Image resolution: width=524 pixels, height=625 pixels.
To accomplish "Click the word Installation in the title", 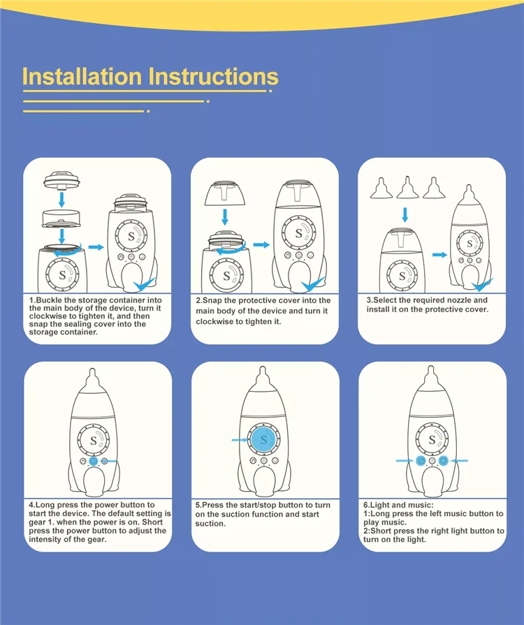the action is [x=82, y=76].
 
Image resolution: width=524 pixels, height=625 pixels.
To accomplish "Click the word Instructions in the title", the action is [x=214, y=76].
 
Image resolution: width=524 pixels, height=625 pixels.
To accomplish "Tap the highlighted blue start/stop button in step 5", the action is [x=263, y=440].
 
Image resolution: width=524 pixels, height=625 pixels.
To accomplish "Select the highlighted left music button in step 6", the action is [x=421, y=461].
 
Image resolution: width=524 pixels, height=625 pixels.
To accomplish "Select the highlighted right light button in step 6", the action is [x=443, y=461].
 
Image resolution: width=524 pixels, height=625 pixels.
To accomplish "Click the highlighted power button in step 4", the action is [x=94, y=461].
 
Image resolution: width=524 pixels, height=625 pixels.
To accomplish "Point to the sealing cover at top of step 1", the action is [x=61, y=180].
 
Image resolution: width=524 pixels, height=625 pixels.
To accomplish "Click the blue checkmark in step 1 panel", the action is [x=145, y=285].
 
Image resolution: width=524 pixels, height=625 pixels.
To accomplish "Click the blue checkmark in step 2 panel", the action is [x=313, y=285].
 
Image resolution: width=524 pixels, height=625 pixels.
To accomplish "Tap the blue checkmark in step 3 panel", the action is [x=482, y=285].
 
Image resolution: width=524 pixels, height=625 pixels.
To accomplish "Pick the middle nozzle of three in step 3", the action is [x=407, y=187].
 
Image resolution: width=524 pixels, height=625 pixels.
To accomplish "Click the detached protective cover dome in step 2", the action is [x=225, y=193].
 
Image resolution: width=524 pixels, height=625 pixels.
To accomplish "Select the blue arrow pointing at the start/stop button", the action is [x=240, y=440].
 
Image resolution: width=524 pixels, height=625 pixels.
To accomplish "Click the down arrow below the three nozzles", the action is [x=405, y=214].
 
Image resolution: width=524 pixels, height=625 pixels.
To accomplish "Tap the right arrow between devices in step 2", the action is [x=261, y=244].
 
